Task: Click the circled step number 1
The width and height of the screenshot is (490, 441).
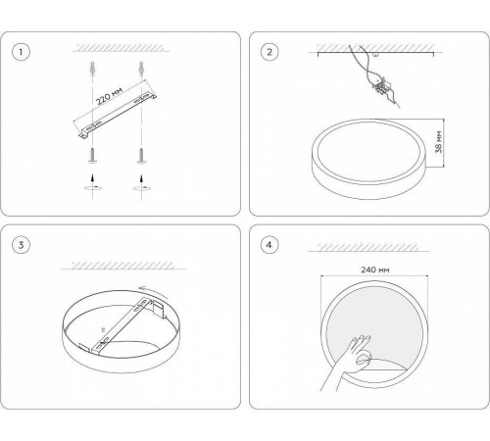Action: (21, 52)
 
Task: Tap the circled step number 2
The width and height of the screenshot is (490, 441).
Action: (269, 52)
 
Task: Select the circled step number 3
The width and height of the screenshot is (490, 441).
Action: (21, 245)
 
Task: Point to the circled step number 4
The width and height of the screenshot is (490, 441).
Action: (269, 245)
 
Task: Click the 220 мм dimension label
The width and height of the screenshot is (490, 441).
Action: (110, 96)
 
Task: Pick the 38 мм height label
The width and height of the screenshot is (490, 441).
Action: (439, 142)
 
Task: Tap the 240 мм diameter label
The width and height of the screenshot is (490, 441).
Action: (375, 269)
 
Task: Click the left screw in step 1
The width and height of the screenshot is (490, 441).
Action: (93, 156)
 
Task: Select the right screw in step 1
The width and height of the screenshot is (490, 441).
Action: (141, 156)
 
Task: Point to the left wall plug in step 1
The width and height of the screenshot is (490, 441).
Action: (93, 69)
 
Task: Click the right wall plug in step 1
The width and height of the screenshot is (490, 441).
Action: (141, 69)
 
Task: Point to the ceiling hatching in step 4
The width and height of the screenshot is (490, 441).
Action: (368, 247)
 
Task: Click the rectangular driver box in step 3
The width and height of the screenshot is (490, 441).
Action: (159, 309)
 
